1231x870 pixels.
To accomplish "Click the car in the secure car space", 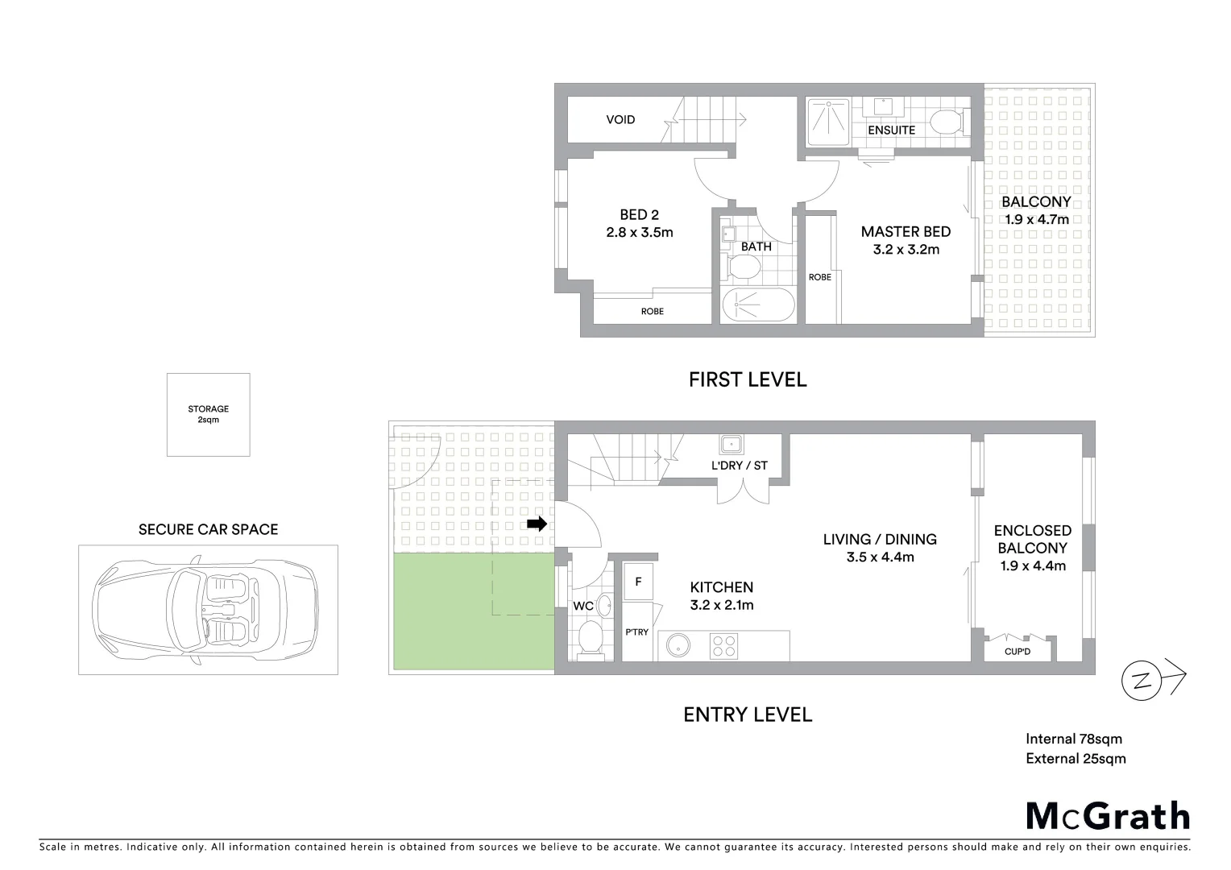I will (x=206, y=609).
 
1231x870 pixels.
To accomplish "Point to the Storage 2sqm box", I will (x=208, y=414).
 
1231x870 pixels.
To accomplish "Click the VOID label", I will (x=620, y=120).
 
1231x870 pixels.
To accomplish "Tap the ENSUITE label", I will (x=891, y=130).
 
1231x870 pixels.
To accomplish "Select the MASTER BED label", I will (x=906, y=232).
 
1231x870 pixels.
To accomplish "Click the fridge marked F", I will (x=638, y=581).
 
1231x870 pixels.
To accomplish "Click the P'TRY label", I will (x=636, y=632).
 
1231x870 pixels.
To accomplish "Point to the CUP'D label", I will (x=1018, y=651).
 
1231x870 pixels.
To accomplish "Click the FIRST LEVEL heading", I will (x=747, y=379).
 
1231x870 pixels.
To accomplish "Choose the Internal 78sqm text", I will (x=1073, y=739).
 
